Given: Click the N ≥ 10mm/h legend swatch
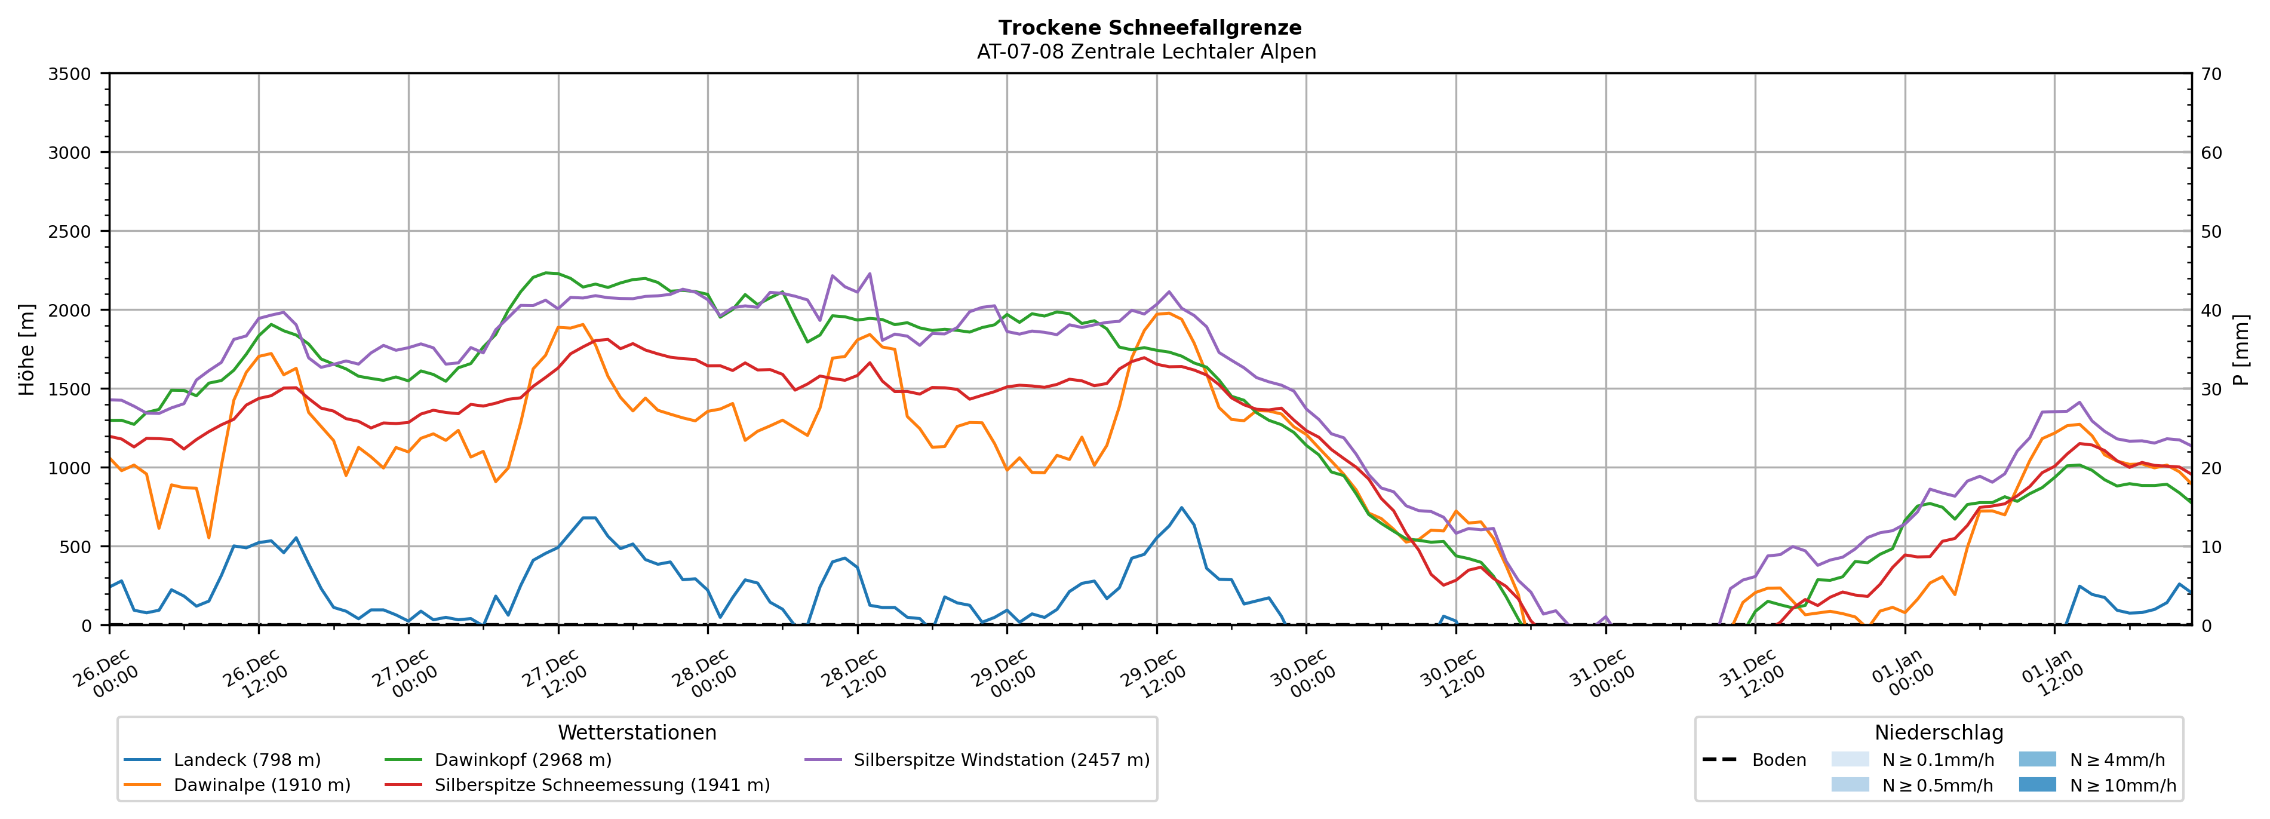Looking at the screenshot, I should click(2036, 784).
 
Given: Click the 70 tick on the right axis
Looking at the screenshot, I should click(2211, 74).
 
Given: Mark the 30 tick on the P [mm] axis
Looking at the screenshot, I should click(2211, 389).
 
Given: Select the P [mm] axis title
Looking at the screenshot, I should click(2241, 349).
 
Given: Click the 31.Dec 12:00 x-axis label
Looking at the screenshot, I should click(1751, 673).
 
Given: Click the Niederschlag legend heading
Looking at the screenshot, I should click(1939, 732).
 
